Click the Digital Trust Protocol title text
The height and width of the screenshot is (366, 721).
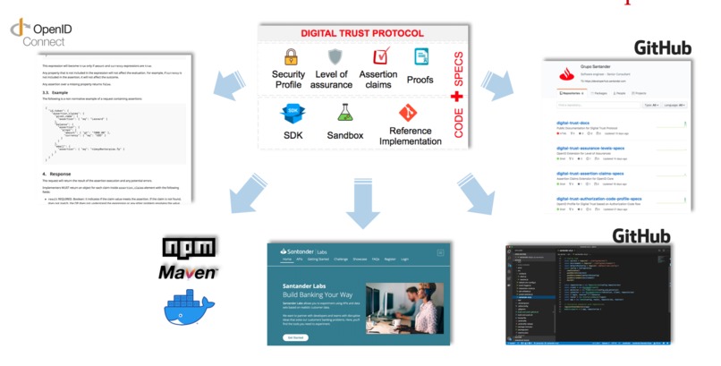tap(362, 33)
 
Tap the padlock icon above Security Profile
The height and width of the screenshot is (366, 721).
tap(290, 57)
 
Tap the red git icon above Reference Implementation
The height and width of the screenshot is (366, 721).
tap(409, 113)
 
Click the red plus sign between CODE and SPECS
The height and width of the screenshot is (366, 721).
tap(457, 97)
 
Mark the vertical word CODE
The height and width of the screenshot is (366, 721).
tap(458, 125)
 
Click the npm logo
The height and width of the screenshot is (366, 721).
tap(189, 247)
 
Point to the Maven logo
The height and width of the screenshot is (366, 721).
tap(188, 270)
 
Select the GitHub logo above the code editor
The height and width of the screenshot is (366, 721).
tap(641, 236)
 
